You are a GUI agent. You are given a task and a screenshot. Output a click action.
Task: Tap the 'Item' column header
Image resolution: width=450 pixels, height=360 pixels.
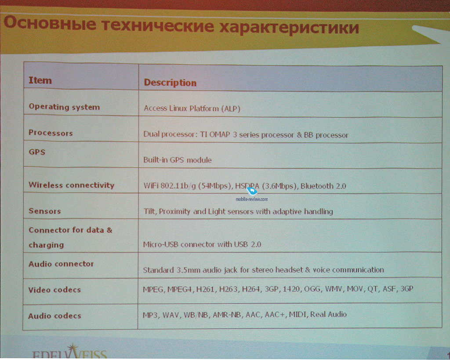(40, 80)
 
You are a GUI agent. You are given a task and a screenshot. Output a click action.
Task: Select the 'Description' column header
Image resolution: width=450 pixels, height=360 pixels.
(170, 83)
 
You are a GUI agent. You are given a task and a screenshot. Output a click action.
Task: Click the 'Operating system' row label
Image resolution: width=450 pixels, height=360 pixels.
(64, 107)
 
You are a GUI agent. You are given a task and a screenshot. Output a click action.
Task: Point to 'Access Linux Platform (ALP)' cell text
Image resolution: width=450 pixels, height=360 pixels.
(192, 109)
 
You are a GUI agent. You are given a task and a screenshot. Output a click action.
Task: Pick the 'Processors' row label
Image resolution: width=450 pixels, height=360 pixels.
(51, 133)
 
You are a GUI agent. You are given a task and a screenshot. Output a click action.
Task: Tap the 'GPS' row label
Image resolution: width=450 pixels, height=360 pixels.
(37, 152)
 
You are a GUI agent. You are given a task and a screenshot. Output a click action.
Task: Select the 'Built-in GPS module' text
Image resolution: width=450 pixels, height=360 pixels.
(178, 160)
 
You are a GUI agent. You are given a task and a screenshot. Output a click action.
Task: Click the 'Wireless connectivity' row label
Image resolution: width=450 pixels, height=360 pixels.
(72, 185)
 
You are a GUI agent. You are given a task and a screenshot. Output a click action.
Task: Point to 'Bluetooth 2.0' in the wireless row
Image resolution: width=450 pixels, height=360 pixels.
(323, 186)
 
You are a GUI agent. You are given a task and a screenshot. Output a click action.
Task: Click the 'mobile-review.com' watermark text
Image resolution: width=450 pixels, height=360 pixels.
(252, 199)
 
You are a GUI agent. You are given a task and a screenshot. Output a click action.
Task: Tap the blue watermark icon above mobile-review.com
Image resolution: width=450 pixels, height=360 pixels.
(252, 191)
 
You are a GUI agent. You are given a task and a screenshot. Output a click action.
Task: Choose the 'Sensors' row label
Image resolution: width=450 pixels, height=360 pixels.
(45, 211)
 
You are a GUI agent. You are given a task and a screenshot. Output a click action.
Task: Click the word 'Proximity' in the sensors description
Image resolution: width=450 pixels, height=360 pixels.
(175, 211)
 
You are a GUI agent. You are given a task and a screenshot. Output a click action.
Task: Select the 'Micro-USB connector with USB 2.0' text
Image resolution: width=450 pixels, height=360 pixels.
(202, 244)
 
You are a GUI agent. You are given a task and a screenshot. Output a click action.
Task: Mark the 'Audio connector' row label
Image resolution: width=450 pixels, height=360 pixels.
(61, 264)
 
